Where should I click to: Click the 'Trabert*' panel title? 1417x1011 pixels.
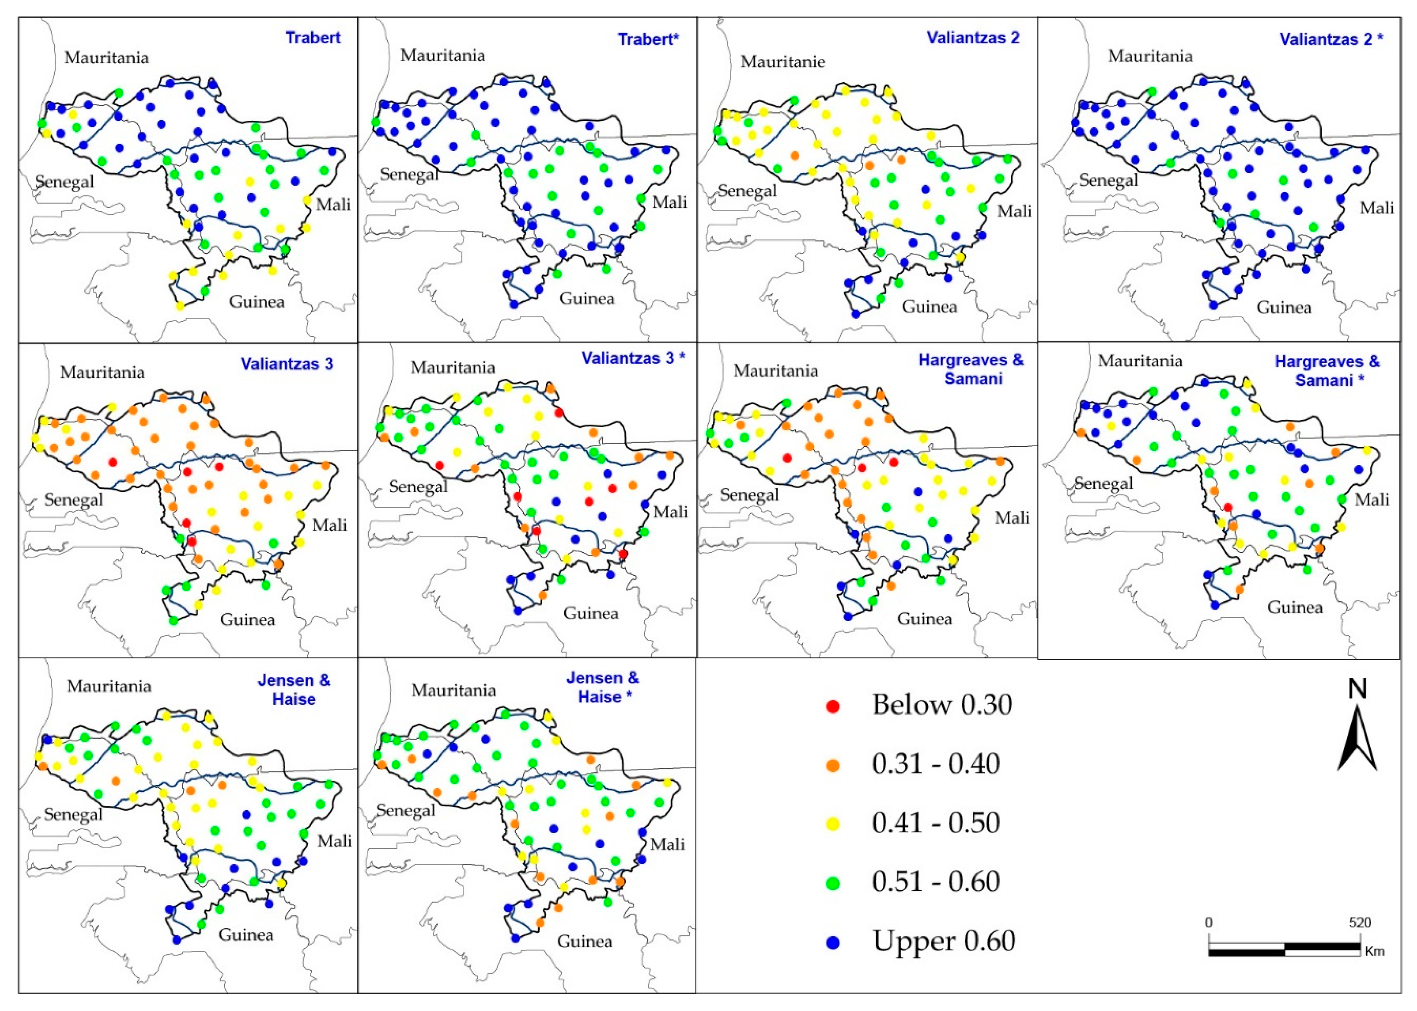(x=648, y=39)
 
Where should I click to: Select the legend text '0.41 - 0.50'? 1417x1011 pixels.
(x=935, y=823)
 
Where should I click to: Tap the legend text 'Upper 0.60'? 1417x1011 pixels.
(x=943, y=940)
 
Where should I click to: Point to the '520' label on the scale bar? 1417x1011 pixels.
(x=1360, y=922)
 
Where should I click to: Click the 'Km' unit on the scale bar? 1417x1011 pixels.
(x=1374, y=952)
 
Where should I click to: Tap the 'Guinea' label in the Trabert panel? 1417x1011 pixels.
(x=257, y=302)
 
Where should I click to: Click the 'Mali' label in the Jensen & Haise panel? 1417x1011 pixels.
(x=334, y=841)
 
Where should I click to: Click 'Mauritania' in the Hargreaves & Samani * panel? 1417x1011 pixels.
(x=1140, y=361)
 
